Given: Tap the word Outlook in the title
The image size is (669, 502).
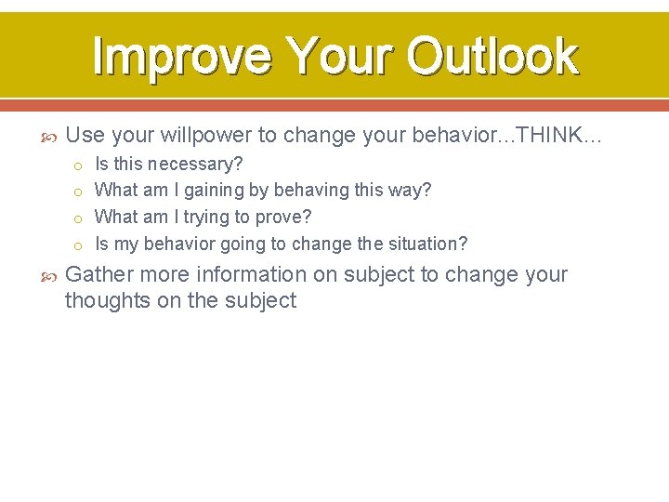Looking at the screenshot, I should point(492,56).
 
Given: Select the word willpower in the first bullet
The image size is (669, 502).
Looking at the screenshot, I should point(205,136).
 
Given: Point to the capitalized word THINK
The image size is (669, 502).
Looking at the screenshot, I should point(548,136).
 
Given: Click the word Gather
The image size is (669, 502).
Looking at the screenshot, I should point(98,275).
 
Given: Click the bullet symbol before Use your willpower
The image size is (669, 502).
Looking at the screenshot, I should point(51,137).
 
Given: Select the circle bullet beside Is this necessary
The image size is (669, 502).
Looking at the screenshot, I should point(80,165).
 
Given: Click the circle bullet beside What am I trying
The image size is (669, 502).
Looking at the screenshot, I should point(80,218).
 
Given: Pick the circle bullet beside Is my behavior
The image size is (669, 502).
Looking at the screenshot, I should point(80,245).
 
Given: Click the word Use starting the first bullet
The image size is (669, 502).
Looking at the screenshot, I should point(85,136).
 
